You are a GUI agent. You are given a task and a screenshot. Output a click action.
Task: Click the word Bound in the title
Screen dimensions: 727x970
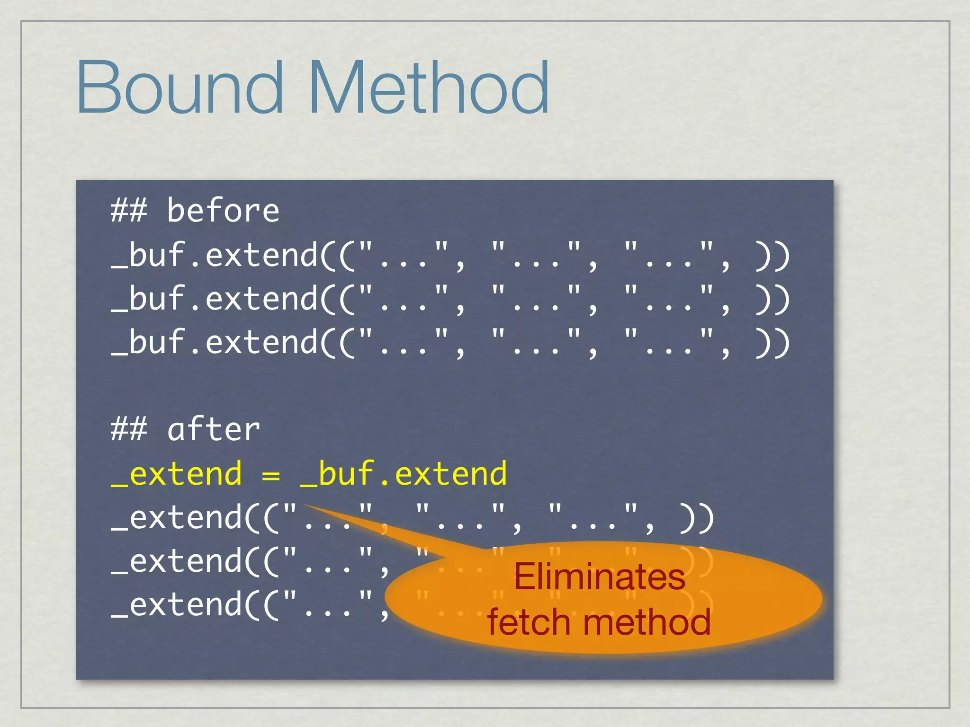tap(180, 88)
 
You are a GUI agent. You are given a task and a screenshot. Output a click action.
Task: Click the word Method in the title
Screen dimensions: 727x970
tap(429, 88)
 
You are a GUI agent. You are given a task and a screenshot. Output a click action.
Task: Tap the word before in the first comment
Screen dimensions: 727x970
tap(223, 211)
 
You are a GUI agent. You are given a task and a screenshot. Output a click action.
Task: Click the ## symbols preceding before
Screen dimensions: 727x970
tap(129, 211)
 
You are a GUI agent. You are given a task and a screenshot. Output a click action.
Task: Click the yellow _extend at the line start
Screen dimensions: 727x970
tap(176, 474)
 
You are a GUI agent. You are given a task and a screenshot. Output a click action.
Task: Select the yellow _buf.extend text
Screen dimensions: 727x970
tap(404, 474)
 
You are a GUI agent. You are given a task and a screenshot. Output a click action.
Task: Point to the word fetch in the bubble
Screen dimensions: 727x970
tap(529, 622)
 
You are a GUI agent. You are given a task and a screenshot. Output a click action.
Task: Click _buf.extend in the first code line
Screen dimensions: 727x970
tap(214, 256)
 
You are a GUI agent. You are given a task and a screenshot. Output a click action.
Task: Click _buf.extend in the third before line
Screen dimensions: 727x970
tap(214, 343)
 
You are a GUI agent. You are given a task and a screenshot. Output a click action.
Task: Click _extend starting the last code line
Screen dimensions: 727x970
tap(176, 606)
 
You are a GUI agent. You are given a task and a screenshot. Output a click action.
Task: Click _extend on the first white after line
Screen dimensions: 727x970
tap(176, 519)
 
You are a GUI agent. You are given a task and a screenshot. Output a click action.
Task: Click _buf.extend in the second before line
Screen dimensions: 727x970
tap(214, 299)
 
